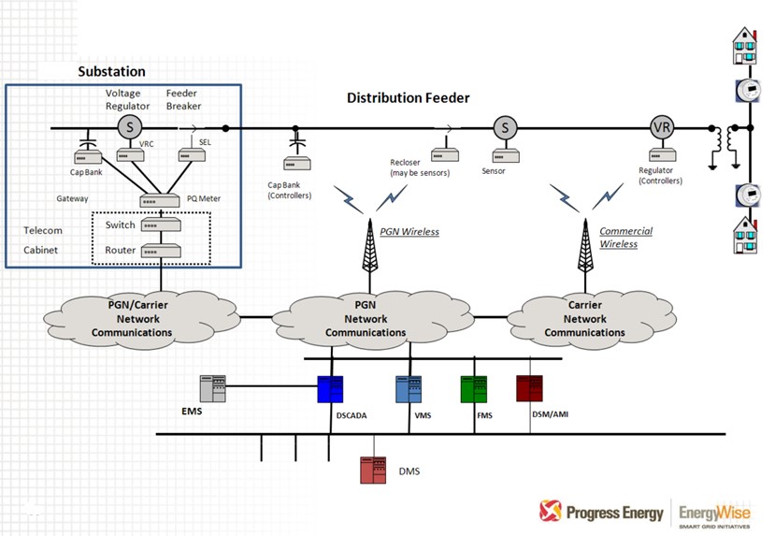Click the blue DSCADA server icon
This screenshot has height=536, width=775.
(330, 389)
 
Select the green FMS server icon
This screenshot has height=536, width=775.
(474, 389)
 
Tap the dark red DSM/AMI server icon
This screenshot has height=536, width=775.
(529, 387)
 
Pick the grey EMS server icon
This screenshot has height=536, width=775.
(213, 388)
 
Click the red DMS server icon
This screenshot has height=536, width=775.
(373, 470)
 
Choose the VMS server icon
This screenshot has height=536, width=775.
(409, 389)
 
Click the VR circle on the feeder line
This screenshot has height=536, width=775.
(662, 128)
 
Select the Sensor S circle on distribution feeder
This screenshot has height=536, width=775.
(505, 128)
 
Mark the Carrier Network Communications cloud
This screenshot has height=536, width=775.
(584, 319)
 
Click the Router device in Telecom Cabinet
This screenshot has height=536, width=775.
(160, 251)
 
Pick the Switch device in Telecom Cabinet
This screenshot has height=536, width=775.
(160, 225)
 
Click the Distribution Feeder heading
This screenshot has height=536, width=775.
(408, 97)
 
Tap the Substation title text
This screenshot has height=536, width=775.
(111, 71)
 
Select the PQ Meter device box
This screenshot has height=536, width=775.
(160, 200)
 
